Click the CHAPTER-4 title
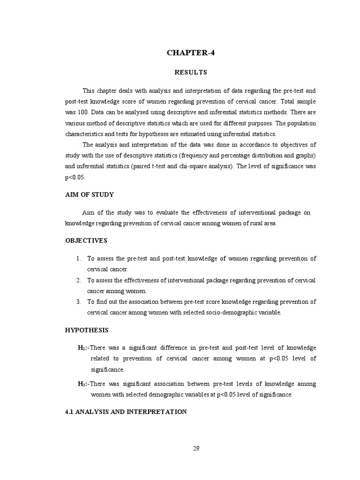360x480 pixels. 190,52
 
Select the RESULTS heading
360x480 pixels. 190,73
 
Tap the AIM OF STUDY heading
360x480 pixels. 89,195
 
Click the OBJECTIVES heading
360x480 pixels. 86,240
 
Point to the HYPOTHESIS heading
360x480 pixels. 86,330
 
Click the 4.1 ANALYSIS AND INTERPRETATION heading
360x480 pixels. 126,412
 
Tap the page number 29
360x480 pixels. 196,448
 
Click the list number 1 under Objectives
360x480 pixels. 78,259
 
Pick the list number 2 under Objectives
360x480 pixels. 78,280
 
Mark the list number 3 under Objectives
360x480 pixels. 78,302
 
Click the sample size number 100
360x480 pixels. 83,112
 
